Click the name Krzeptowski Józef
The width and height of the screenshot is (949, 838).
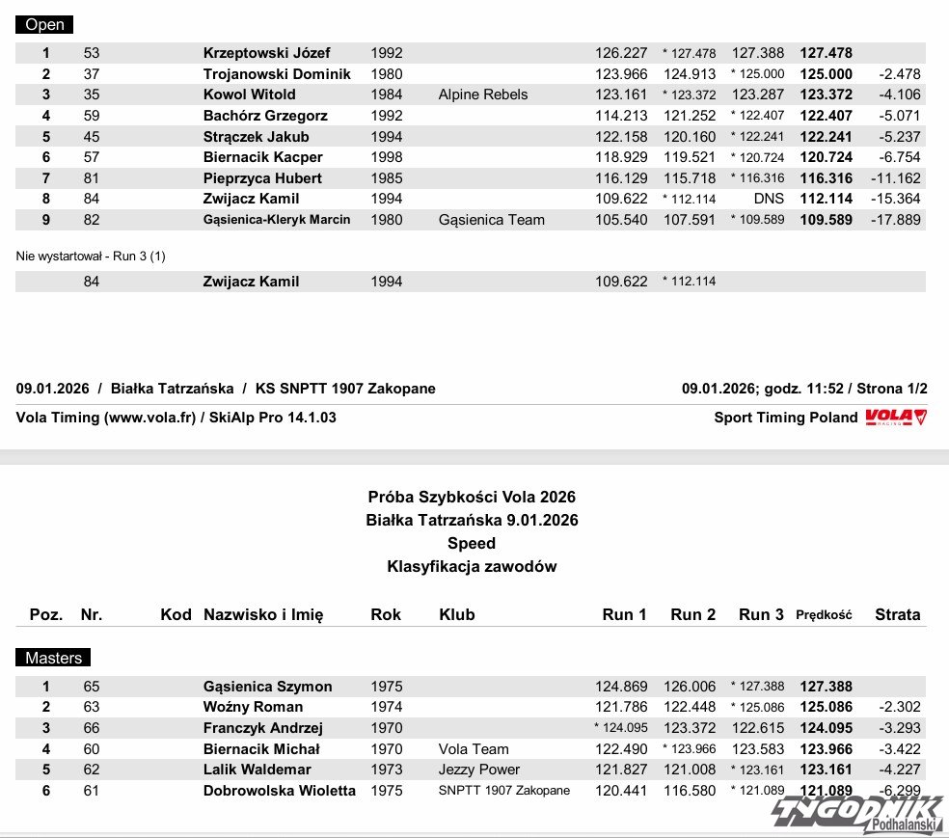266,53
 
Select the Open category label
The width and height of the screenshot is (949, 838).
44,25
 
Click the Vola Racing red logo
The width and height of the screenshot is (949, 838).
896,417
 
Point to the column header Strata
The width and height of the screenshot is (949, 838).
897,614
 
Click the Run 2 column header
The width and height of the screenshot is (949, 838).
692,614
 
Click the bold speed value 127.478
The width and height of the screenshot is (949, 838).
826,53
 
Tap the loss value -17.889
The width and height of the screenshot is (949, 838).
899,220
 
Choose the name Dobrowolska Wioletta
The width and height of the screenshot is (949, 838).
279,791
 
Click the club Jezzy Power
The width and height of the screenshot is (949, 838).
479,770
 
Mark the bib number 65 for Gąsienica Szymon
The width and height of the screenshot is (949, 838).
92,687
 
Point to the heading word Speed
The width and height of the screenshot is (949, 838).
472,544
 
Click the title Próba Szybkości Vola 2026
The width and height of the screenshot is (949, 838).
472,498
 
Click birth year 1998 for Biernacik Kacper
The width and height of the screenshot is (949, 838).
387,157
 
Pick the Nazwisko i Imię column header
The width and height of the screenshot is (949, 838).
263,614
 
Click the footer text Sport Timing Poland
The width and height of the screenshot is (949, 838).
785,418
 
